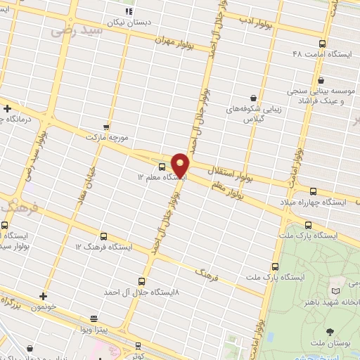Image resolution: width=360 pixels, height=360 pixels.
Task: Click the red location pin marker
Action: click(x=180, y=165)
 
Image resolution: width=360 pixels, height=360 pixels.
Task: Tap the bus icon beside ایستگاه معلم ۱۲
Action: click(x=162, y=167)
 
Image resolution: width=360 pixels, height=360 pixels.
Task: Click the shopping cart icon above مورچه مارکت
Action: click(x=106, y=127)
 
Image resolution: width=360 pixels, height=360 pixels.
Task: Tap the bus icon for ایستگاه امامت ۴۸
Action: click(x=322, y=44)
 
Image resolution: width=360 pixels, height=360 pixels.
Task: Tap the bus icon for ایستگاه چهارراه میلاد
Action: click(x=313, y=191)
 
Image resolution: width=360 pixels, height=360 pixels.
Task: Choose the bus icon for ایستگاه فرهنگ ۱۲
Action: click(x=104, y=237)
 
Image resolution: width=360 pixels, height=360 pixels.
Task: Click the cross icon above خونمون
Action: click(x=44, y=296)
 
